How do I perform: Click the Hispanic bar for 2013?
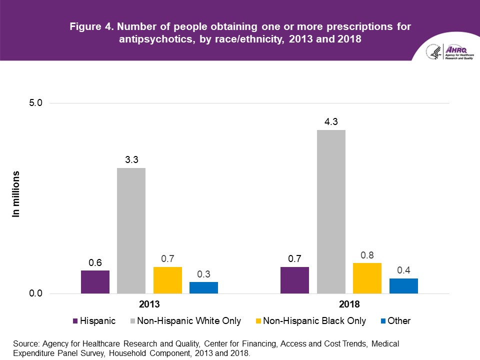(x=95, y=282)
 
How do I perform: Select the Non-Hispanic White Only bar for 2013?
(x=131, y=230)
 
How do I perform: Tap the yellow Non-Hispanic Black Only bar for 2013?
(x=167, y=280)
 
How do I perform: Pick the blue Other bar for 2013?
(x=203, y=287)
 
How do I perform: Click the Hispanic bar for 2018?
(x=294, y=280)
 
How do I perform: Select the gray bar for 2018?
(x=330, y=211)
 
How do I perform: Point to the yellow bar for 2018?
(x=367, y=278)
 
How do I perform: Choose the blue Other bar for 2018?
(x=403, y=285)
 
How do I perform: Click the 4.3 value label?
(x=331, y=121)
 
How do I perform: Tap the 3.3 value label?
(x=131, y=159)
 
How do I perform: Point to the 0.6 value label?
(x=95, y=262)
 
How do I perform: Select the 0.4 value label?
(x=403, y=270)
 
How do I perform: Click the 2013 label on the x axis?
(x=149, y=304)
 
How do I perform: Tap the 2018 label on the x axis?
(x=349, y=304)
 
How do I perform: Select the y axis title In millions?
(x=16, y=194)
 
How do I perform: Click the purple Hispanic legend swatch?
(x=75, y=321)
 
